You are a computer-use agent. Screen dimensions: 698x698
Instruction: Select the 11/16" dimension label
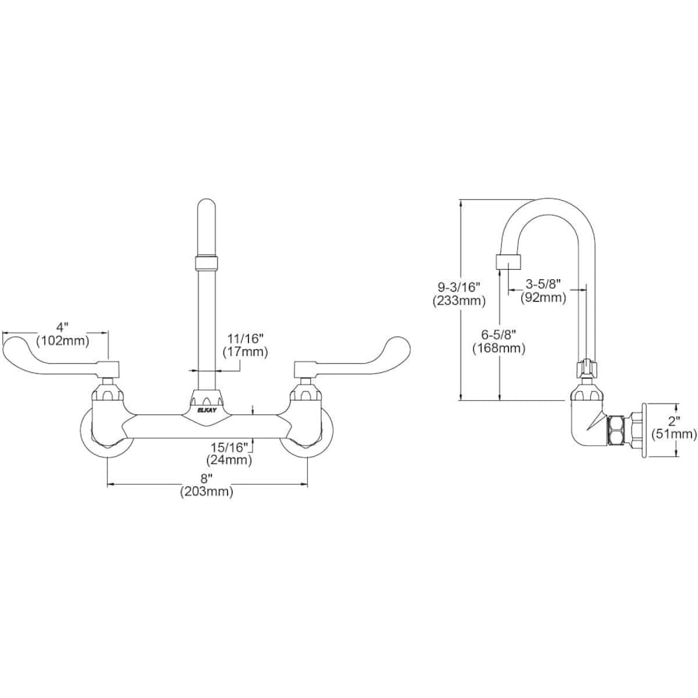(x=245, y=338)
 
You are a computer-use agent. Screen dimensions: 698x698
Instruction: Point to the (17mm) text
(x=245, y=352)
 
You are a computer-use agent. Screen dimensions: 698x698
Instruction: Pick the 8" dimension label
(x=206, y=478)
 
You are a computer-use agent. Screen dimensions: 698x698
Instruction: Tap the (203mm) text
(x=206, y=492)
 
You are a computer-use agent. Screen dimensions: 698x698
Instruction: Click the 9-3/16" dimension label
(x=458, y=286)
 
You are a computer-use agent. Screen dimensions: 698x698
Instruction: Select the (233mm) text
(x=458, y=300)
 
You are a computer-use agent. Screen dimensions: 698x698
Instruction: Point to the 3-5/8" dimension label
(x=544, y=284)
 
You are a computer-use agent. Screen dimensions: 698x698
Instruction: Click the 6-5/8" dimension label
(x=498, y=334)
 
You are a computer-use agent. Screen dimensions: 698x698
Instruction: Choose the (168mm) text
(x=499, y=348)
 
